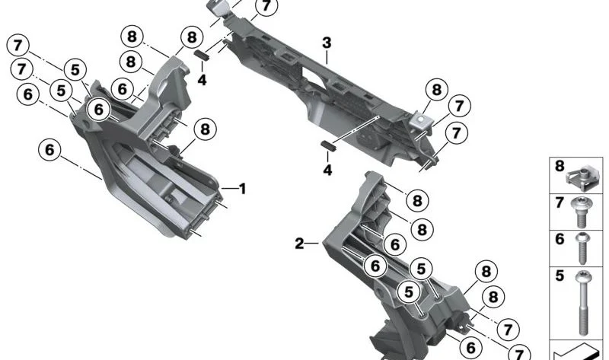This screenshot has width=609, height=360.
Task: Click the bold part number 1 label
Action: (x=243, y=189)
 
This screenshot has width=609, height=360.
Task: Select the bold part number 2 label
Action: (x=299, y=244)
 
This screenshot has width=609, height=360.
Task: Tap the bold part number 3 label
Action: (x=327, y=43)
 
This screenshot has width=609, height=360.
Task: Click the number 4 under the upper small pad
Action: (x=202, y=80)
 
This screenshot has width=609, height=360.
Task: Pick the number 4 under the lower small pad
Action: (x=328, y=170)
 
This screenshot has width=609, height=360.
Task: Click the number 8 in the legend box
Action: (x=560, y=166)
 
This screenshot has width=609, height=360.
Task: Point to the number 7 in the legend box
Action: (x=560, y=202)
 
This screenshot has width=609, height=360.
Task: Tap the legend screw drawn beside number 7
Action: (x=582, y=212)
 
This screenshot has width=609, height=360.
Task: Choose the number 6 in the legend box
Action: (x=560, y=239)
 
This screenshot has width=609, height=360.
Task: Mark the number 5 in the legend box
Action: (x=560, y=276)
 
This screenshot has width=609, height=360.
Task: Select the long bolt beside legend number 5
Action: (x=582, y=303)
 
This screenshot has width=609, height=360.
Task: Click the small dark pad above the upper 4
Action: (x=202, y=55)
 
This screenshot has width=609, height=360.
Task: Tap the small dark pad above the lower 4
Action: (x=328, y=145)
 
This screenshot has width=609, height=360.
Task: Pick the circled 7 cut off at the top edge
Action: (x=266, y=6)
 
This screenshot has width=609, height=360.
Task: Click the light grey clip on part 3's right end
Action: (x=421, y=120)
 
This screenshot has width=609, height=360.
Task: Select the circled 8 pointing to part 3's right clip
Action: (x=437, y=90)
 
